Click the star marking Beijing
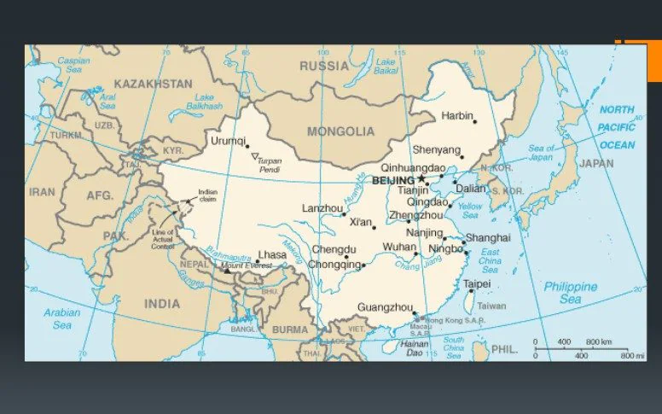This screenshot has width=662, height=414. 421,179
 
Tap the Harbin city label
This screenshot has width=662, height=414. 456,115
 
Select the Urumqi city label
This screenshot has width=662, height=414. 228,141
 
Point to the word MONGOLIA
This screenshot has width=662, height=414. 340,131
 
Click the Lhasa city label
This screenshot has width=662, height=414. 272,254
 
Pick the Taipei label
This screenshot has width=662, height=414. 476,283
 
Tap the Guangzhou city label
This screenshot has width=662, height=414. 385,306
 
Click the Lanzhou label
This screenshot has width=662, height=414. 321,208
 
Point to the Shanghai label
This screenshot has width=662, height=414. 487,237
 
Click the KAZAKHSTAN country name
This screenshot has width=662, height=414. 153,84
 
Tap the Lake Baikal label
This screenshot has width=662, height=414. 386,66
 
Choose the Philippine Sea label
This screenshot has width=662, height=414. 571,293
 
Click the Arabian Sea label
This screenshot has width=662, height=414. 61,318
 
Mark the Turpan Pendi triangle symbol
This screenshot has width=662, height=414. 254,155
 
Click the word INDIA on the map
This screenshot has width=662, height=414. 162,303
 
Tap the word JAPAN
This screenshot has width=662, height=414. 595,163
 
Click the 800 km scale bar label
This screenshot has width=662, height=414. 599,342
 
